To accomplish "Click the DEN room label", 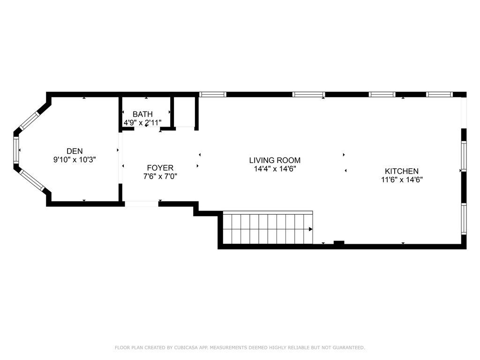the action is coord(75,151).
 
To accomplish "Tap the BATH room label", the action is coord(142,114).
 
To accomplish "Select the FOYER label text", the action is coord(160,168).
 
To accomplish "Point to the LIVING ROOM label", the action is coord(275,160).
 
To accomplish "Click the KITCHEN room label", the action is coord(402,171).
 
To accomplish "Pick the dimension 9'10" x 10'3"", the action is coord(75,159).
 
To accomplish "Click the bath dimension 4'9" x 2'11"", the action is coord(142,123).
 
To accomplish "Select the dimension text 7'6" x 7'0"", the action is coord(160,176).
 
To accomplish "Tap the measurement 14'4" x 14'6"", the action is coord(275,169).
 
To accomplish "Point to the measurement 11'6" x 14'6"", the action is coord(402,180).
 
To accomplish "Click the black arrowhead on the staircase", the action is coord(311,229).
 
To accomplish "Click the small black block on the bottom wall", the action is coord(339,243).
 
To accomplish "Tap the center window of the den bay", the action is coord(16,150).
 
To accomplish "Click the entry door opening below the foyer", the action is coord(142,203).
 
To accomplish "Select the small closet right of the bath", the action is coord(184,112).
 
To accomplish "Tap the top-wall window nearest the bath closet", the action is coord(213,94).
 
